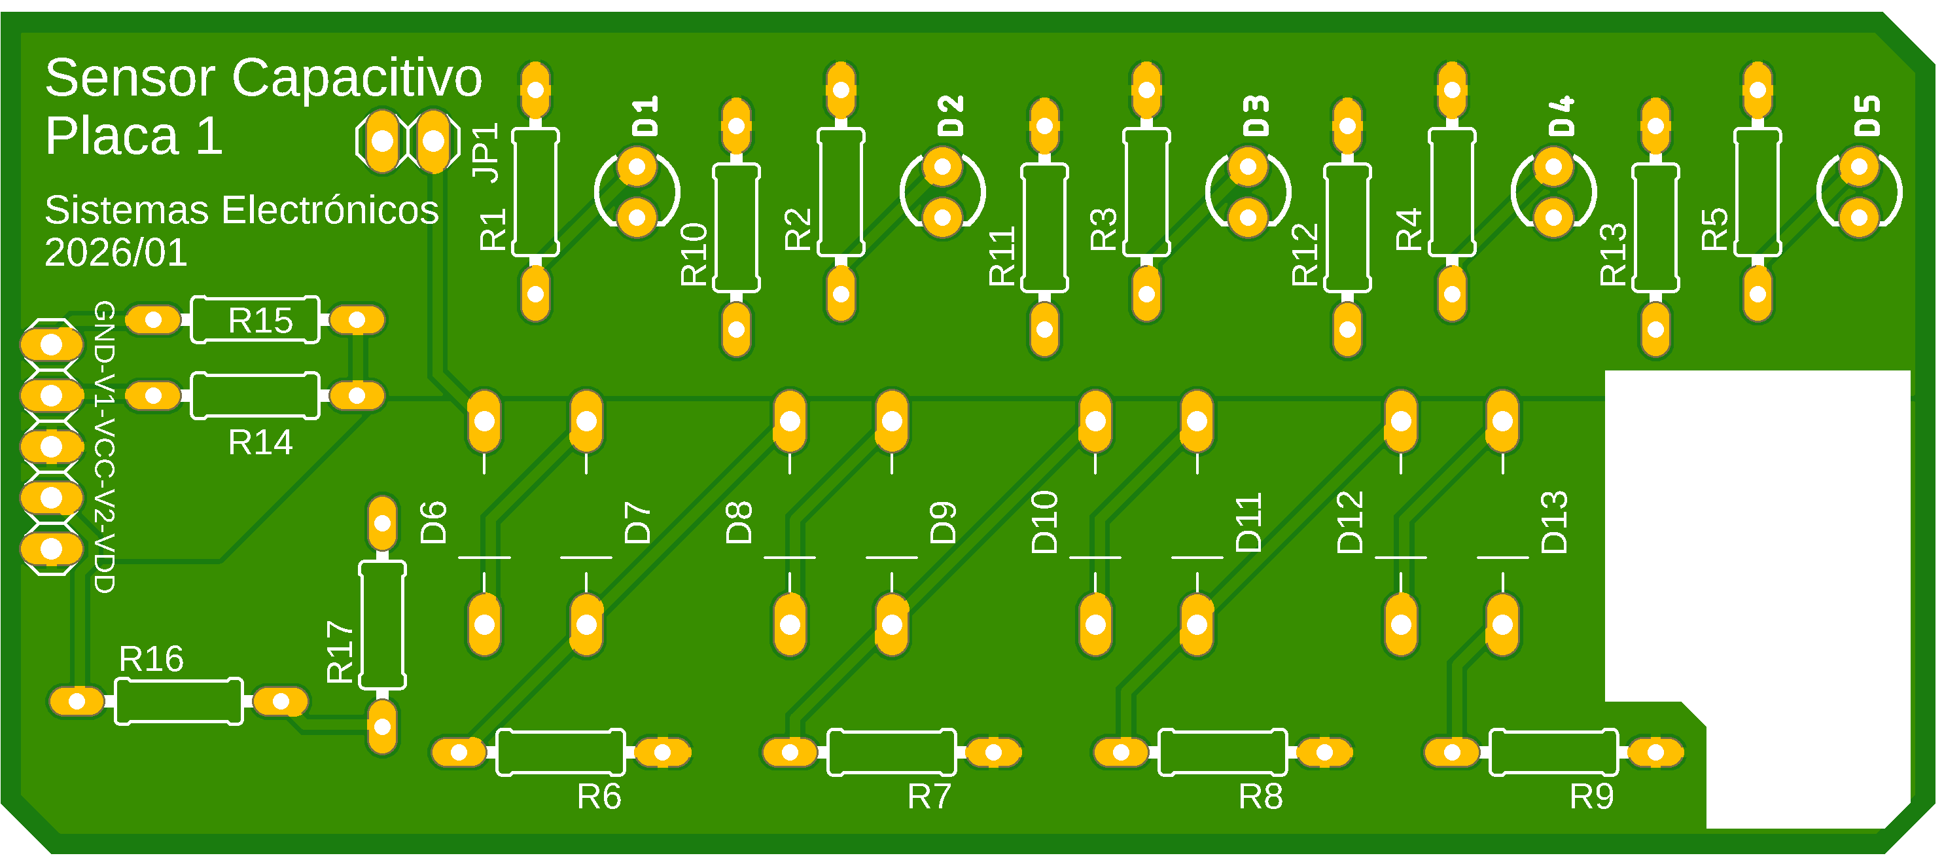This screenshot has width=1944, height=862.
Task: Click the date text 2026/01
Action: click(115, 252)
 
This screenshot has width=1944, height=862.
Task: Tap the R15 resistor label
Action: click(260, 321)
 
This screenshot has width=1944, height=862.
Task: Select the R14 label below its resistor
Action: click(260, 442)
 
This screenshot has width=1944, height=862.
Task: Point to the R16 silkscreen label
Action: click(151, 659)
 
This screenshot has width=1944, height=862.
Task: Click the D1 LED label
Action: click(645, 115)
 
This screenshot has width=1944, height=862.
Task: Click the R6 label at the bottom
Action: click(599, 797)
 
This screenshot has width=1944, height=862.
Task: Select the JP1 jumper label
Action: click(486, 153)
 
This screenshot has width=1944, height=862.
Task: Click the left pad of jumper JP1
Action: click(382, 141)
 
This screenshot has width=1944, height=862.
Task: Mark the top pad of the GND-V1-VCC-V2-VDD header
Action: click(51, 345)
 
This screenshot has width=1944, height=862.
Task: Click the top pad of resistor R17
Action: click(382, 523)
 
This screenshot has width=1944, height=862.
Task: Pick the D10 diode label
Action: click(1044, 522)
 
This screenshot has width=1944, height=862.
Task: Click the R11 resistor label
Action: click(1002, 256)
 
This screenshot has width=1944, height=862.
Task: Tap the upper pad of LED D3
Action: click(1248, 166)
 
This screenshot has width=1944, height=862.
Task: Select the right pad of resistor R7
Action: click(993, 753)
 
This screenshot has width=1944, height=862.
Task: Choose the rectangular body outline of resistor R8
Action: click(1222, 753)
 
